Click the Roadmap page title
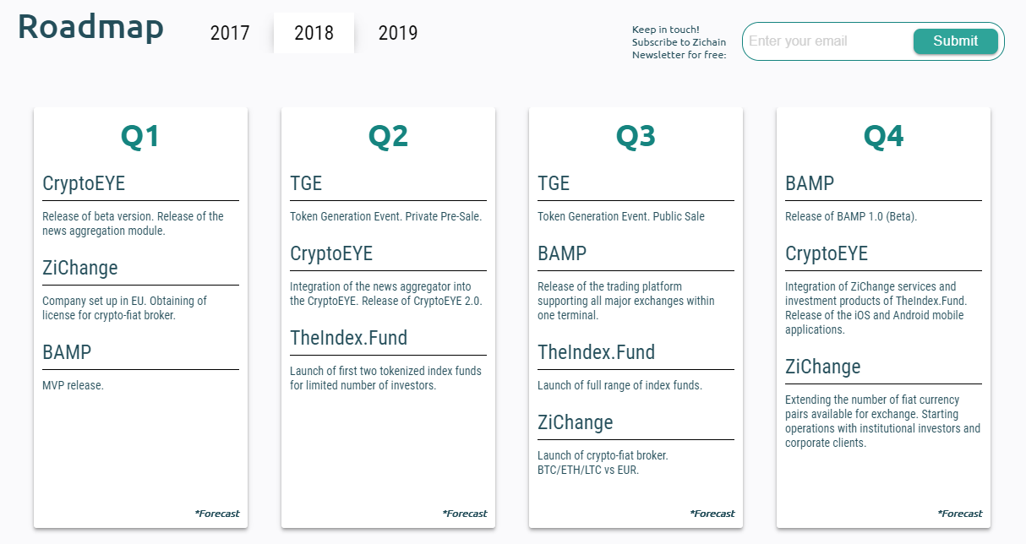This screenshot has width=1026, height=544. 90,28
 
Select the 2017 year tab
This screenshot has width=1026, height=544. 230,33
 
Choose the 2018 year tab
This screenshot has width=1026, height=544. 314,33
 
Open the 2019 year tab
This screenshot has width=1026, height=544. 398,33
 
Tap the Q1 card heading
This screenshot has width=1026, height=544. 140,137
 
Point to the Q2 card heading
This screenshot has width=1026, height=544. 388,137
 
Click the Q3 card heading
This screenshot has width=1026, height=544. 636,137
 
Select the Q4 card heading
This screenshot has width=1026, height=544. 883,137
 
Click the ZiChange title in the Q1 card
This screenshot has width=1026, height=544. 80,268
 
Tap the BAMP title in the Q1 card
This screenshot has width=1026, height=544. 67,352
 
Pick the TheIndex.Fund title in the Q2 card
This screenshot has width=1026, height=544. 348,338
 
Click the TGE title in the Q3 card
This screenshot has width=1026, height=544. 554,183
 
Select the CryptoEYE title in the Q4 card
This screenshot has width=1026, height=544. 827,253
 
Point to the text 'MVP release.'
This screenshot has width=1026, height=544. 73,385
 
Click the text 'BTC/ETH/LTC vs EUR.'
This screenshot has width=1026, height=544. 587,470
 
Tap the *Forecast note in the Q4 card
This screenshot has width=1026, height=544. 959,514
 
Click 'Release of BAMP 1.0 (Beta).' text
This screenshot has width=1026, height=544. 851,216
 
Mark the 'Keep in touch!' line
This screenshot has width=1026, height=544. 665,30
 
